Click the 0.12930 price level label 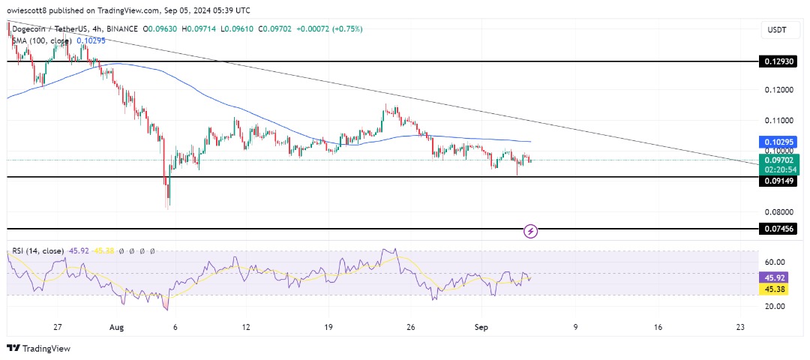[x=779, y=63]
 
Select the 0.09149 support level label [x=779, y=181]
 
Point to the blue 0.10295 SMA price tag [x=779, y=142]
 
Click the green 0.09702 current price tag [x=779, y=159]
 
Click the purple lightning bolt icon [x=531, y=230]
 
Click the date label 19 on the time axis [x=327, y=327]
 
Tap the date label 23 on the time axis [x=740, y=327]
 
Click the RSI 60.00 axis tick [x=775, y=262]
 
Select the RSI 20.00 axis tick [x=775, y=306]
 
